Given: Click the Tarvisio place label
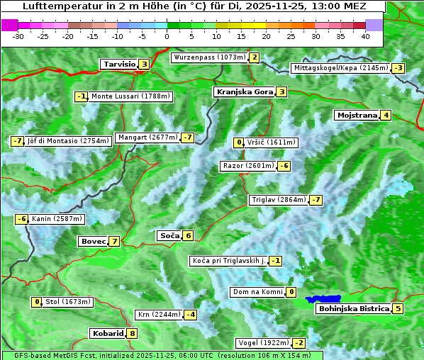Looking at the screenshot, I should tap(118, 64).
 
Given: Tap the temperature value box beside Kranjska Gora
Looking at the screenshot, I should tap(281, 91).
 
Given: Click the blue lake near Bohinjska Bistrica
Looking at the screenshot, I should tap(324, 300).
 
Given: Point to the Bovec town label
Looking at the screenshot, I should tap(93, 241).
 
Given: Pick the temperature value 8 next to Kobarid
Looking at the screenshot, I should tap(132, 334).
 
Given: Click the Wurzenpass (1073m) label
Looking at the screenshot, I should tap(209, 57).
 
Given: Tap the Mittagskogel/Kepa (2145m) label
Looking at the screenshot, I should tap(341, 68).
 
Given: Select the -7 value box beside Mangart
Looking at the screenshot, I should tap(187, 137).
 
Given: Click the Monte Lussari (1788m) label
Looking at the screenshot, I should tap(130, 96).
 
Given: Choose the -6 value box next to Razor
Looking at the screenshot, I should tap(284, 166).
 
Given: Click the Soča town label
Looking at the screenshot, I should tap(169, 235).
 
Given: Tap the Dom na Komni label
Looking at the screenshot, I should tap(257, 292).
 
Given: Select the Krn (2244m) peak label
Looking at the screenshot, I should tap(158, 315).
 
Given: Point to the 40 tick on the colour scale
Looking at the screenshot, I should tap(365, 35).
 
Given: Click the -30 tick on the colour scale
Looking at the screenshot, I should tap(18, 35).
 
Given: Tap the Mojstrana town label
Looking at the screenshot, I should tap(357, 115).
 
